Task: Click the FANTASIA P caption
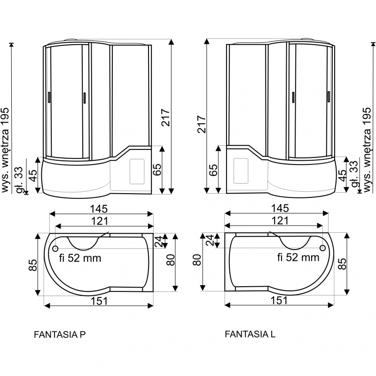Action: [x=60, y=334]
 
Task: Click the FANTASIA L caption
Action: [x=250, y=334]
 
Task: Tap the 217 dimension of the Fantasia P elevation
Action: [x=166, y=117]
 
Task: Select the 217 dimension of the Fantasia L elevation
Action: [x=202, y=124]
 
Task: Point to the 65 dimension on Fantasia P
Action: [x=157, y=170]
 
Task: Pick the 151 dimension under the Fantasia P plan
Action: [x=99, y=301]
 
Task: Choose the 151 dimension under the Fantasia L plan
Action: [x=279, y=300]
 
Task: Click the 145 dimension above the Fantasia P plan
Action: [x=99, y=209]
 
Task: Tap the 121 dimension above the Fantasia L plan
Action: [x=280, y=220]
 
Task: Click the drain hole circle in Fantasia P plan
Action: [x=55, y=248]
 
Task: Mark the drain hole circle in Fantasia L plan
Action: [x=323, y=248]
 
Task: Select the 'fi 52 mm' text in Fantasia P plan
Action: [x=80, y=258]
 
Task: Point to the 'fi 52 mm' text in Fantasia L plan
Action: [x=298, y=258]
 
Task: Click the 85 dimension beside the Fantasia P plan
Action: [x=33, y=265]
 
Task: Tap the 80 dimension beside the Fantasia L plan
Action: [x=197, y=260]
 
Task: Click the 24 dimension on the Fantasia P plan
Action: [x=159, y=242]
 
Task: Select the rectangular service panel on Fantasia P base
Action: [x=137, y=171]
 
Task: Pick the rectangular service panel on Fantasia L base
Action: [x=241, y=171]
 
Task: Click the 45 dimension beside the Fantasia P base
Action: [x=33, y=175]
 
